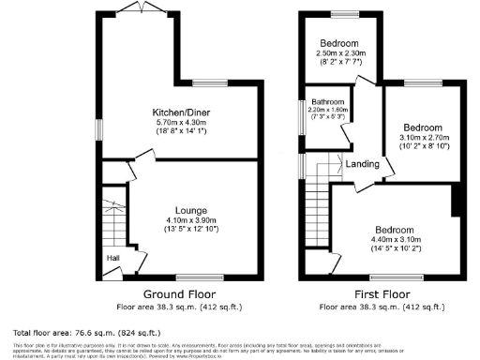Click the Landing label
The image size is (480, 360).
click(362, 164)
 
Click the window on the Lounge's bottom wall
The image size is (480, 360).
click(191, 277)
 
